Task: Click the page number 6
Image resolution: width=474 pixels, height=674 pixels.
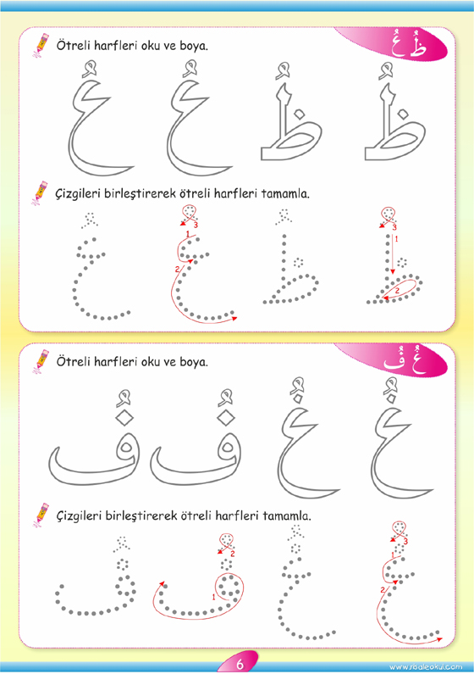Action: tap(240, 664)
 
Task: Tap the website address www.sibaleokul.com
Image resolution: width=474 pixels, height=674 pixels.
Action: tap(426, 667)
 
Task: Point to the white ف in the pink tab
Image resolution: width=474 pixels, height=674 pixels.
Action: tap(394, 361)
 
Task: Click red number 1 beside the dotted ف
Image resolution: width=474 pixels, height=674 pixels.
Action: tap(213, 597)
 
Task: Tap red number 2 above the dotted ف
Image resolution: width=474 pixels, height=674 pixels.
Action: tap(233, 554)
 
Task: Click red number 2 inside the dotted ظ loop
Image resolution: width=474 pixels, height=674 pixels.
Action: tap(397, 291)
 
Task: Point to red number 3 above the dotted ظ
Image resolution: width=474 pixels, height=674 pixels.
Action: tap(394, 227)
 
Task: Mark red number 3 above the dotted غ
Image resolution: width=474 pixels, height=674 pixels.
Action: tap(405, 542)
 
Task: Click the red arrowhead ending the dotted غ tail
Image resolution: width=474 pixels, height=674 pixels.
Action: tap(439, 639)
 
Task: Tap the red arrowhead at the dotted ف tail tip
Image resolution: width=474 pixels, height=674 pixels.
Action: tap(163, 584)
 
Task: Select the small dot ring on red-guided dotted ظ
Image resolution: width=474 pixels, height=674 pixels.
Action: tap(402, 262)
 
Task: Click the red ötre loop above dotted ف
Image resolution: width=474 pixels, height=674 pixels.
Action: tap(227, 542)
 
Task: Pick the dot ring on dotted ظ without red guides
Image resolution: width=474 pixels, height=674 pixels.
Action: tap(298, 262)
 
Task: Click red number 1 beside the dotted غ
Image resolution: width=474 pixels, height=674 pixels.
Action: tap(392, 555)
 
